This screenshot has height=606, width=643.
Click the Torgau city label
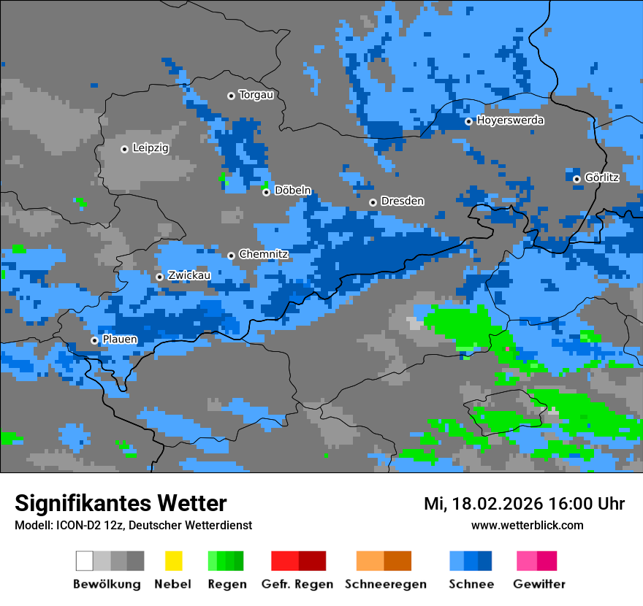pos(256,95)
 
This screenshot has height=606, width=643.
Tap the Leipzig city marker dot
pos(124,149)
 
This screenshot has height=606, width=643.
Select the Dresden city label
pos(402,201)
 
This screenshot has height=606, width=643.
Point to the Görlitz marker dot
pos(577,179)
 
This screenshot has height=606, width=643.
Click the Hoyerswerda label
pos(510,120)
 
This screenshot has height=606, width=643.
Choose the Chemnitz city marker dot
pos(231,256)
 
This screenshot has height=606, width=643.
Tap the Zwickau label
pos(189,276)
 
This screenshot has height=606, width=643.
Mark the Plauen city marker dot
pos(94,340)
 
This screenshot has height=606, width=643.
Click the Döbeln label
pos(292,191)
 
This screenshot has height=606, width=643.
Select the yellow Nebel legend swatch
pos(173,561)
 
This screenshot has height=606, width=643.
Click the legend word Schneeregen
pos(385,584)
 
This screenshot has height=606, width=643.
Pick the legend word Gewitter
pos(539,584)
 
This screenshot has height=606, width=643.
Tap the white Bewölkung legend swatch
pos(85,561)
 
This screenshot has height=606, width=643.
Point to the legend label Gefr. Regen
pos(297,584)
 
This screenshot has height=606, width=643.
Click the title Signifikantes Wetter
pos(121,503)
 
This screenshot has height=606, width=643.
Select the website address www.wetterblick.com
pos(527,525)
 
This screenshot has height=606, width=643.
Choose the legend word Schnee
pos(471,584)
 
